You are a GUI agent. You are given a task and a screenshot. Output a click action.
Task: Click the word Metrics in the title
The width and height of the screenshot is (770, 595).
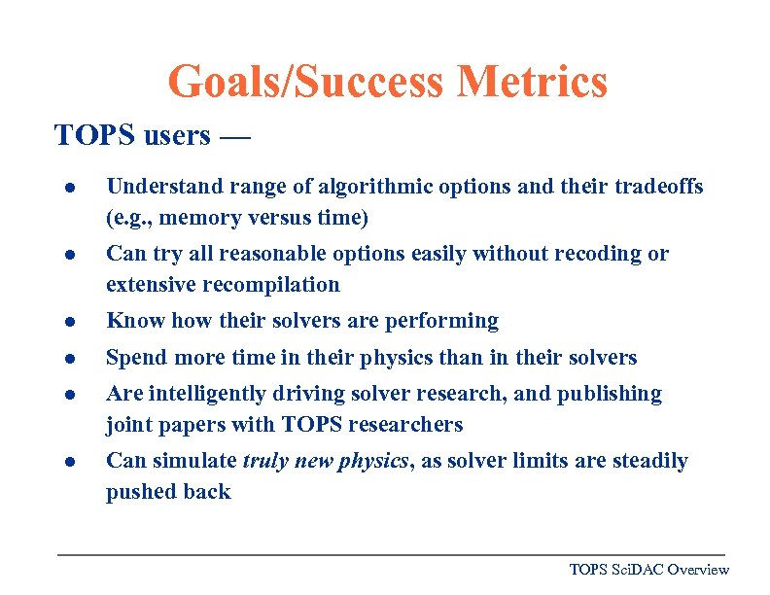[533, 82]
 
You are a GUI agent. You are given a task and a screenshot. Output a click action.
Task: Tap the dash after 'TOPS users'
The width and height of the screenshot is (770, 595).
[234, 136]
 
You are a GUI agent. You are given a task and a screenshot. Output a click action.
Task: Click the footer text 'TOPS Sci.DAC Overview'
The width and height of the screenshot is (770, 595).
[648, 570]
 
